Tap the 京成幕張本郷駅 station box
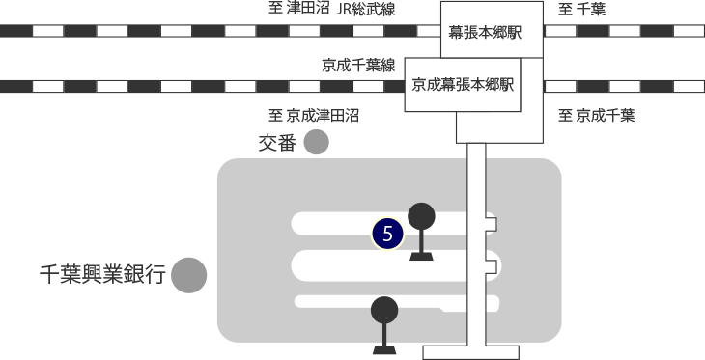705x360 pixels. pyautogui.click(x=462, y=84)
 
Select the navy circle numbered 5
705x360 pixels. pyautogui.click(x=387, y=234)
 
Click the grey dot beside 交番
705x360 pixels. pyautogui.click(x=316, y=143)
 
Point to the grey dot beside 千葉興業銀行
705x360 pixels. pyautogui.click(x=190, y=275)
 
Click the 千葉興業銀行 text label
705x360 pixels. pyautogui.click(x=102, y=276)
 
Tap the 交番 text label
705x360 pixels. pyautogui.click(x=277, y=144)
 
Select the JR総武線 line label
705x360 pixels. pyautogui.click(x=366, y=11)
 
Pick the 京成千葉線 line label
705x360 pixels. pyautogui.click(x=359, y=66)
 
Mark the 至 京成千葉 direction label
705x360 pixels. pyautogui.click(x=597, y=116)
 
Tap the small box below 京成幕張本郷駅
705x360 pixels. pyautogui.click(x=499, y=126)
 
